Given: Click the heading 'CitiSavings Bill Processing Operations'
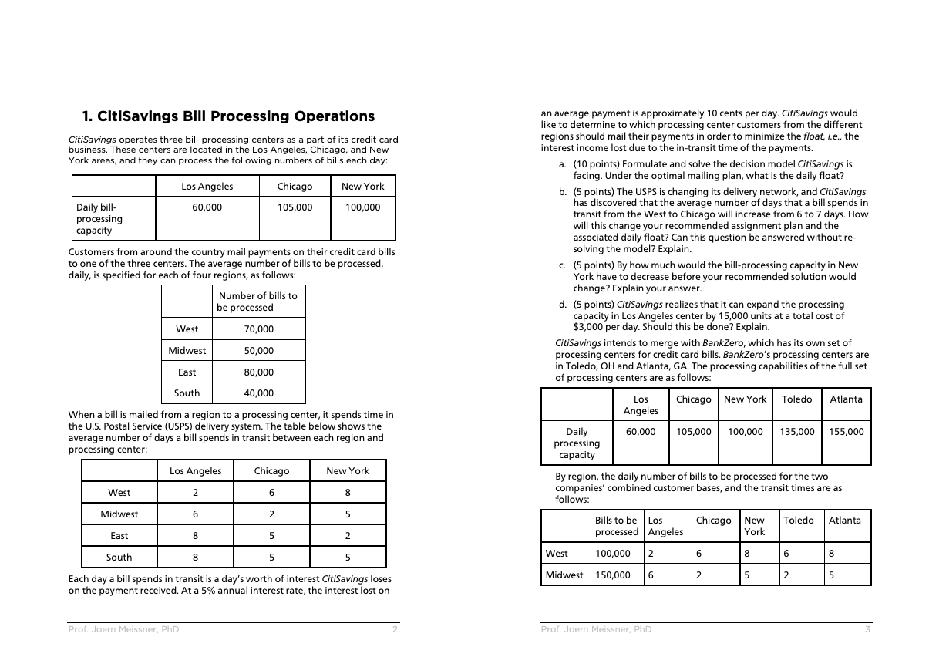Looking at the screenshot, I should [228, 116].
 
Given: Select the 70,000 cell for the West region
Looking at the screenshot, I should [258, 329].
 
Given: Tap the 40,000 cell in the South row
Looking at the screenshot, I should [258, 393].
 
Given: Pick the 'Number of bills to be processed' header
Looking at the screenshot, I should [257, 302].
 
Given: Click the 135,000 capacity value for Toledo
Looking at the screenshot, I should [796, 432].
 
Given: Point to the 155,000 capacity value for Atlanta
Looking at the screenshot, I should [846, 432].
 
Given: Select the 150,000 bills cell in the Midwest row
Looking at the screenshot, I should [612, 575].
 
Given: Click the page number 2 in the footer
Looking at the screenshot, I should [395, 629].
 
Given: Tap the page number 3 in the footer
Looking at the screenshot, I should [867, 629].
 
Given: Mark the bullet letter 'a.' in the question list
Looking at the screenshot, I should [563, 164].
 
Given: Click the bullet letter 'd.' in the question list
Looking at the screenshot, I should [563, 305].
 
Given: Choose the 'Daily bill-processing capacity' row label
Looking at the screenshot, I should [99, 219].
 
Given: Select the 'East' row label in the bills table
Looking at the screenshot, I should [187, 372].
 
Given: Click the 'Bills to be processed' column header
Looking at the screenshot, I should [616, 526].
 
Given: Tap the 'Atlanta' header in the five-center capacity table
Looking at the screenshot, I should [846, 399].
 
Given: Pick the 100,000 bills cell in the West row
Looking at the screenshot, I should [612, 554].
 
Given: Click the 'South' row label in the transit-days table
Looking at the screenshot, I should [119, 557].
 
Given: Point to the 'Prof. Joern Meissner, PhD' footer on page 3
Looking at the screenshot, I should [596, 629].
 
